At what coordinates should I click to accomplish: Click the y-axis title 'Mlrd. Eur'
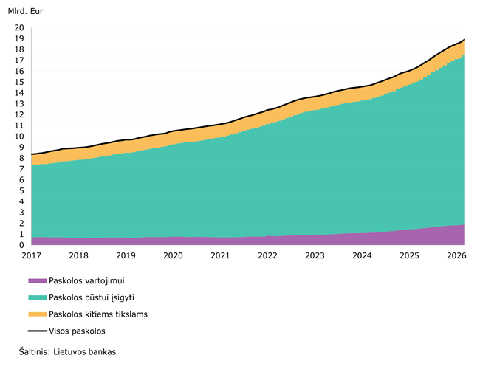tap(26, 13)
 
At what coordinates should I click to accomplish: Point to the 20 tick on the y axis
tap(19, 28)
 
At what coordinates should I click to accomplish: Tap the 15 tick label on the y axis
tap(19, 82)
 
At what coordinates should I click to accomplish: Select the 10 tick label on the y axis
tap(19, 137)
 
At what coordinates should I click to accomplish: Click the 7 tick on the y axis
tap(21, 169)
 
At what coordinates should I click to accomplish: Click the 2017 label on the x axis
tap(31, 256)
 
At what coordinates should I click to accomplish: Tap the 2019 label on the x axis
tap(126, 256)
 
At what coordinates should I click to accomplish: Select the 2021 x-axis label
tap(220, 256)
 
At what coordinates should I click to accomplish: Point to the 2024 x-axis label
tap(362, 256)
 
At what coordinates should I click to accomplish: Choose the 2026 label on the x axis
tap(456, 256)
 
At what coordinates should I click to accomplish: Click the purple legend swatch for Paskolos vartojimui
tap(37, 280)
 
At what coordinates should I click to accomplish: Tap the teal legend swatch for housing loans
tap(37, 297)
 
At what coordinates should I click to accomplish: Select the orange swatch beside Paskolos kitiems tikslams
tap(37, 314)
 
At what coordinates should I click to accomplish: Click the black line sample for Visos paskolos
tap(37, 331)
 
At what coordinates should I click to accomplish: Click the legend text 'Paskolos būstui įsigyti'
tap(92, 297)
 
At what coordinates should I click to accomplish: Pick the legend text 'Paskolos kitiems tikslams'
tap(98, 314)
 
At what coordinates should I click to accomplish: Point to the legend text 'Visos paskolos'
tap(78, 331)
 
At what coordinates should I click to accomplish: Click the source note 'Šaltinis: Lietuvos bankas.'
tap(69, 352)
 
